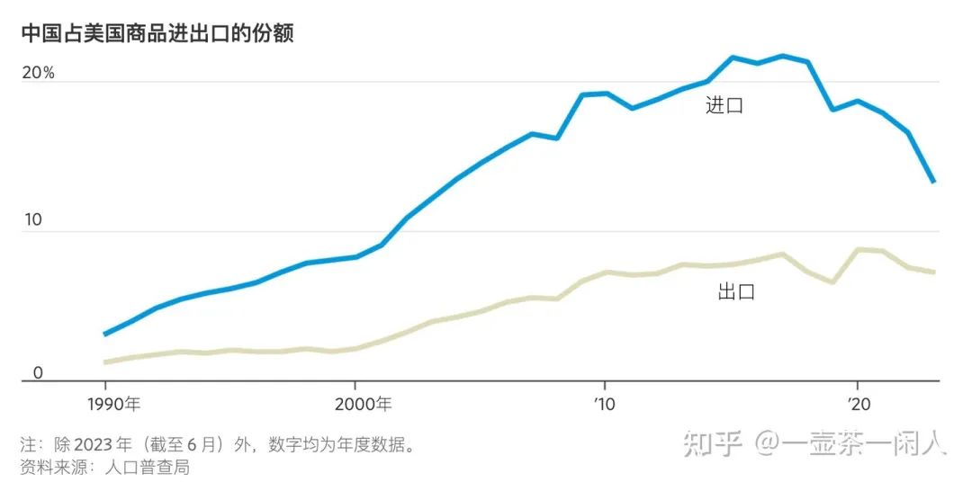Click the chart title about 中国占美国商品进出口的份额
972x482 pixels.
tap(157, 33)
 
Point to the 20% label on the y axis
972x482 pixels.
tap(38, 73)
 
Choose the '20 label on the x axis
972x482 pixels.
tap(857, 404)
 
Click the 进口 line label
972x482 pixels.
tap(724, 105)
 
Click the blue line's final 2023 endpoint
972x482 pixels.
tap(934, 182)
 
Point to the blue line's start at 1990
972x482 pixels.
tap(106, 334)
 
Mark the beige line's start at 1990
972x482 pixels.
tap(106, 361)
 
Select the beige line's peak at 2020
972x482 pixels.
tap(858, 250)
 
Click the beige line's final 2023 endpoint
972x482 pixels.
tap(934, 272)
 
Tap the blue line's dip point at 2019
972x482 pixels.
tap(832, 110)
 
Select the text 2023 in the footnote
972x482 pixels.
tap(93, 445)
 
